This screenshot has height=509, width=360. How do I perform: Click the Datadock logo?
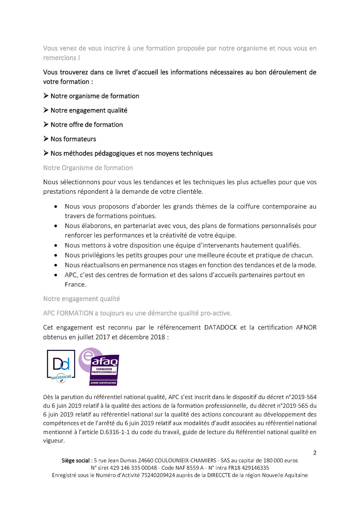click(61, 366)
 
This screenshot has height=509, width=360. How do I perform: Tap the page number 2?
click(315, 453)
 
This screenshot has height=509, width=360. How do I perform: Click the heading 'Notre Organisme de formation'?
click(88, 168)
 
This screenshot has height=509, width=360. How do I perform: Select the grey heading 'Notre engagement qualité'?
click(82, 299)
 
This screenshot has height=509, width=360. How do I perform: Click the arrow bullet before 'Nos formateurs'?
click(46, 139)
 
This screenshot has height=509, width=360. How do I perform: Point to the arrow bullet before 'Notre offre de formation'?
click(46, 125)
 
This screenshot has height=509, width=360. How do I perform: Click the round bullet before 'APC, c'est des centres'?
click(56, 275)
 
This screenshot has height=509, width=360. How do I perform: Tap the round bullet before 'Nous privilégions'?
click(56, 256)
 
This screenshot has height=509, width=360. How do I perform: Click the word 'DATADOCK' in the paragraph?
click(220, 327)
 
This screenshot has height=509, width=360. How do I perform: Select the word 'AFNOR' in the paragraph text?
click(306, 327)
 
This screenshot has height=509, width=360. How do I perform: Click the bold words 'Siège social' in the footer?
click(75, 461)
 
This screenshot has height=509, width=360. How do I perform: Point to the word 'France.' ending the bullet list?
click(75, 285)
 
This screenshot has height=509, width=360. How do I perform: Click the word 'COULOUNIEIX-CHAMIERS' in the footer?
click(185, 461)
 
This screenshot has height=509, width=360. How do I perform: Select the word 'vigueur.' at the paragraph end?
click(54, 441)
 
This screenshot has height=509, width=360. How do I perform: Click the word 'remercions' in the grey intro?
click(59, 58)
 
